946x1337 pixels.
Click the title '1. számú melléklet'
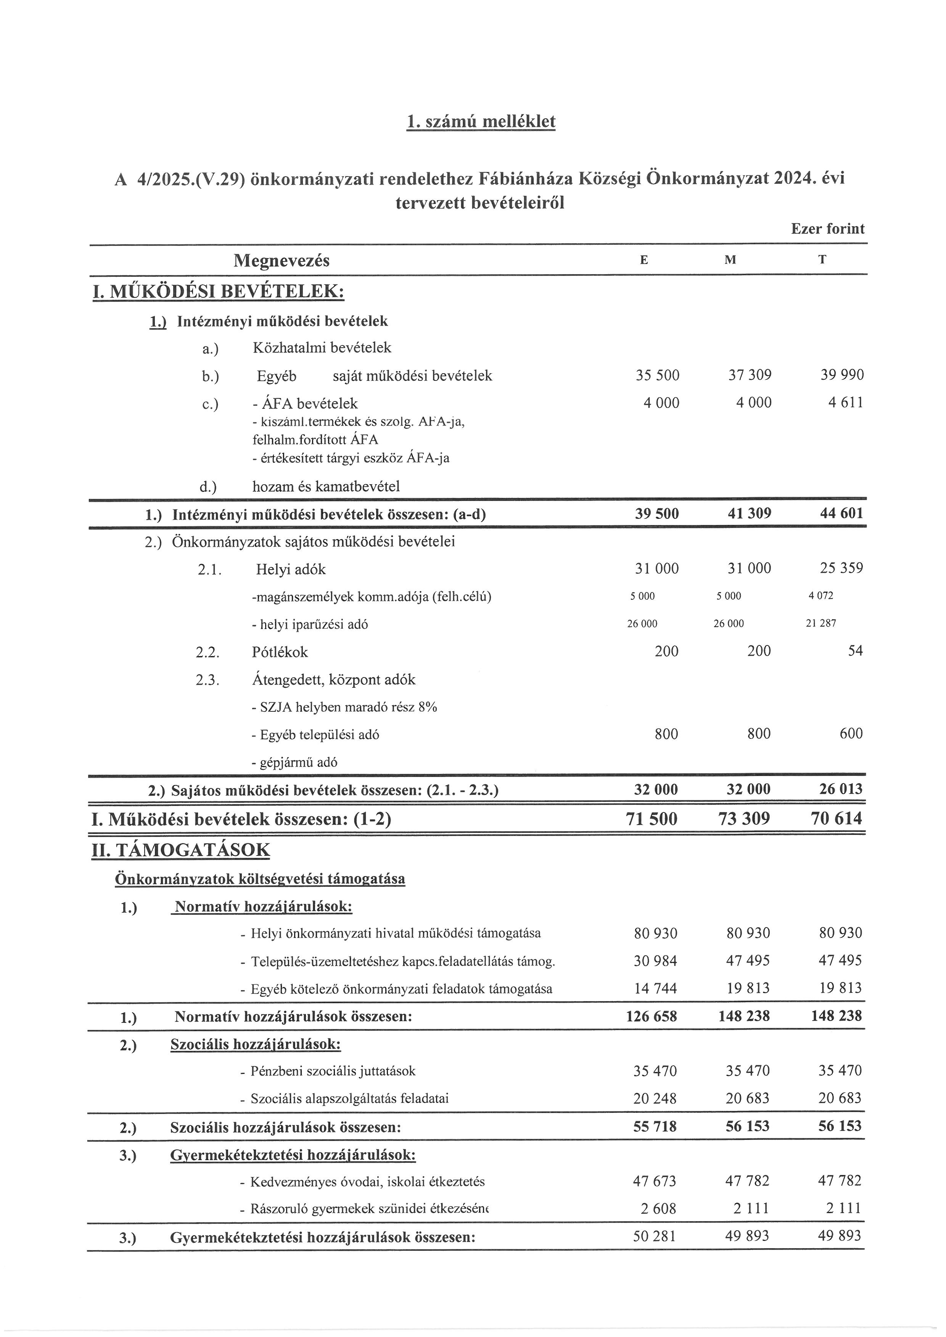pyautogui.click(x=481, y=122)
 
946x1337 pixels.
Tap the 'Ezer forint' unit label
pyautogui.click(x=827, y=229)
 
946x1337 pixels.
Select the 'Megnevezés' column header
pyautogui.click(x=282, y=260)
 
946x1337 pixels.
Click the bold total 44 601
pyautogui.click(x=841, y=514)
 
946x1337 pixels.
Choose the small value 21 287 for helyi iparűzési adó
pyautogui.click(x=821, y=623)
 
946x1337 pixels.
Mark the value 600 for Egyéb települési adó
pyautogui.click(x=851, y=734)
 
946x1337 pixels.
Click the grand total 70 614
pyautogui.click(x=836, y=819)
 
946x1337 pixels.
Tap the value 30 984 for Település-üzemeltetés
pyautogui.click(x=655, y=961)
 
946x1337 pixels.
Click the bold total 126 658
pyautogui.click(x=651, y=1016)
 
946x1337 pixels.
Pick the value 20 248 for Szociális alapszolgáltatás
pyautogui.click(x=655, y=1099)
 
